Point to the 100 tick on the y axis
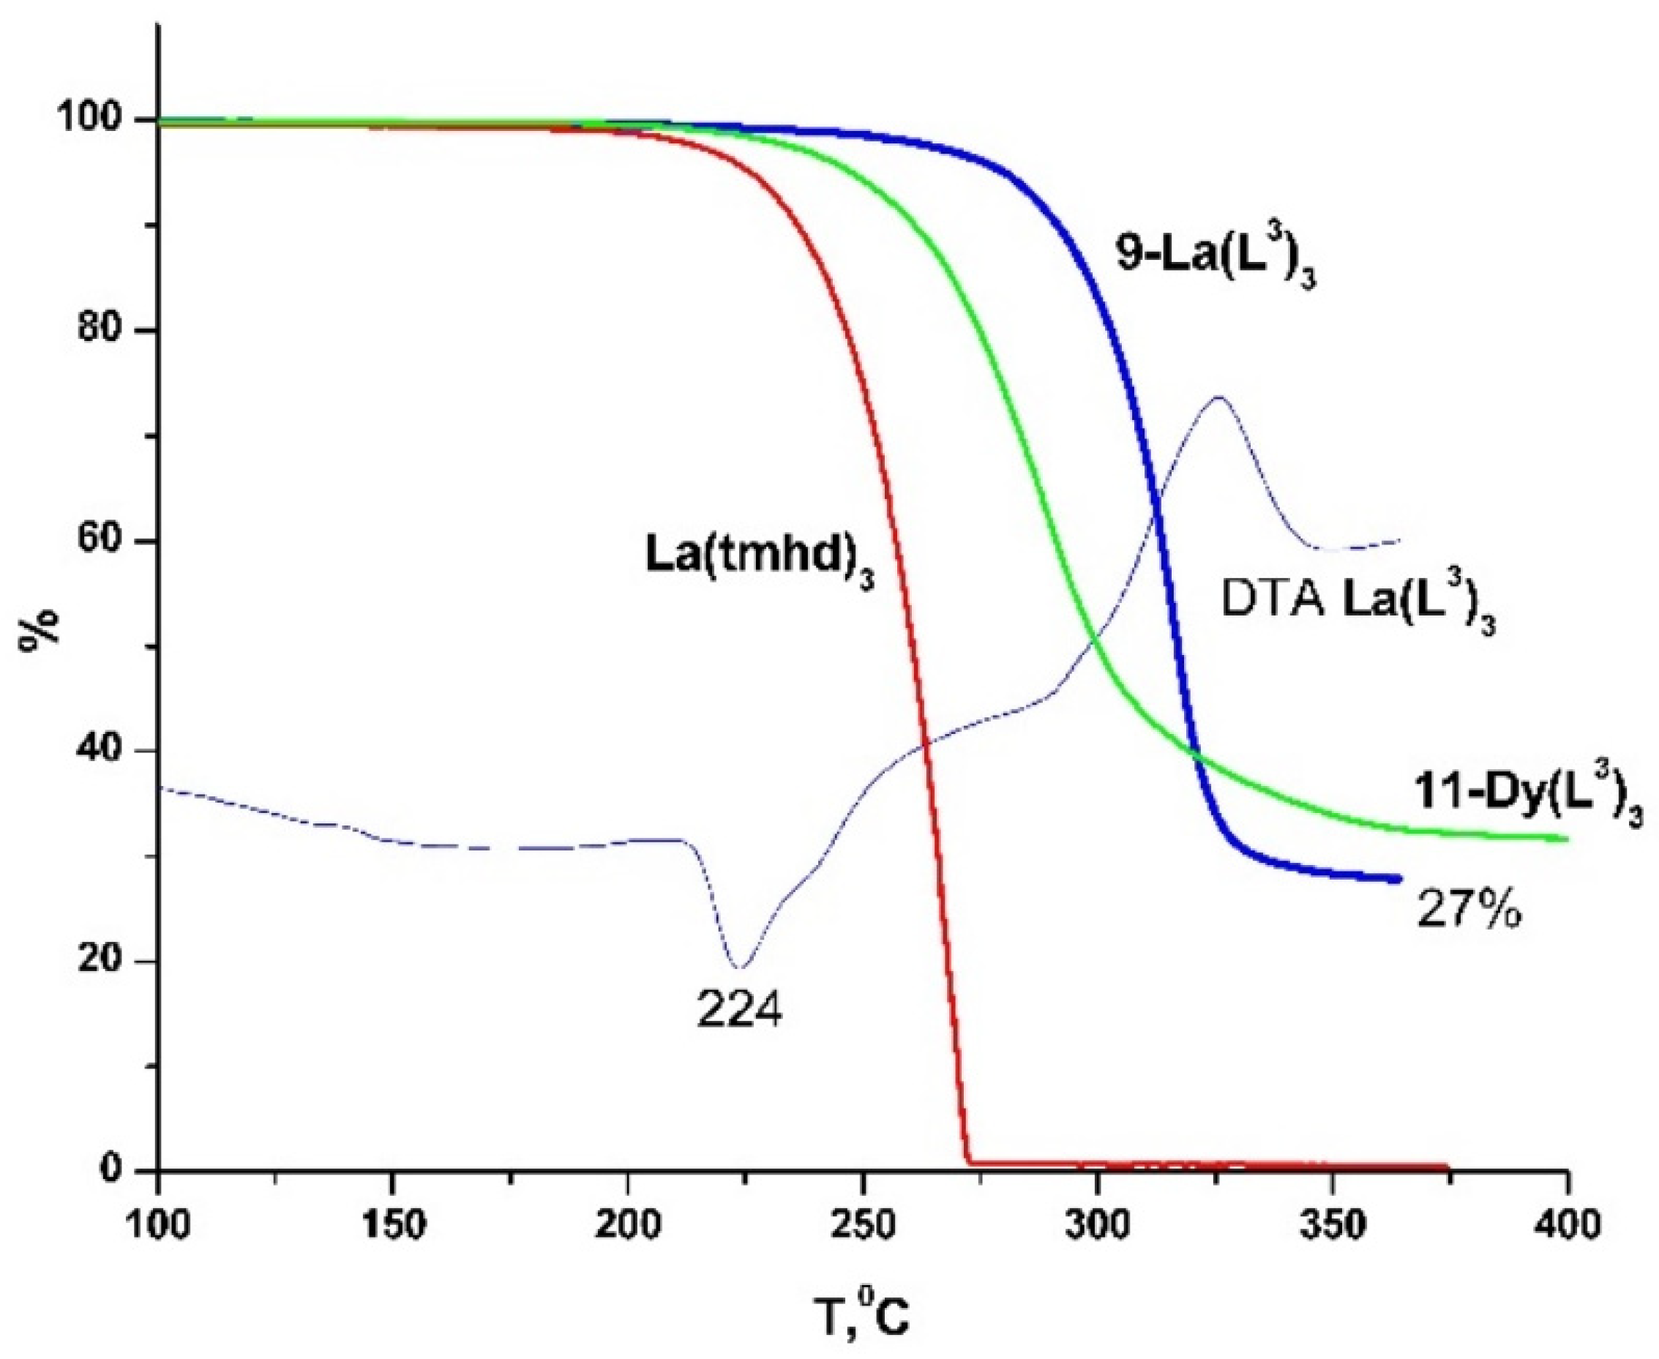click(99, 120)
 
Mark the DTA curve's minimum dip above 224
click(741, 967)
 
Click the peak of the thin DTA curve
click(1218, 397)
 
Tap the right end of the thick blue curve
click(1398, 879)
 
